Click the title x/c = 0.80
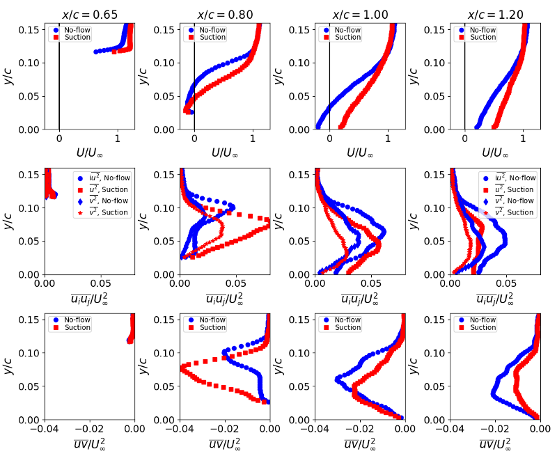[x=224, y=15]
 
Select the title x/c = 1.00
[x=360, y=15]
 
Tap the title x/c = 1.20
[x=495, y=15]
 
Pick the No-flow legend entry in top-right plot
[x=482, y=30]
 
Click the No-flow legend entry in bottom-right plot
[x=482, y=320]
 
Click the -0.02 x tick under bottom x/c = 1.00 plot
[x=360, y=427]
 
